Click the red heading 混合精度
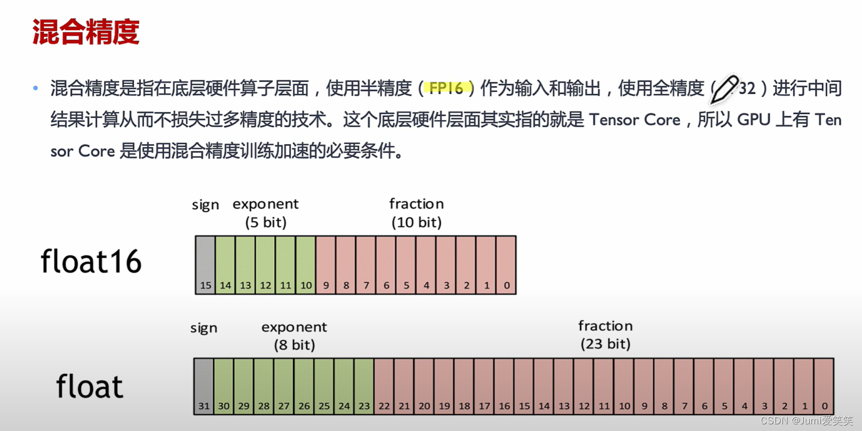(x=86, y=32)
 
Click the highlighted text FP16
(x=446, y=88)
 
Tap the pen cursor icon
(x=723, y=89)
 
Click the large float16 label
(x=91, y=261)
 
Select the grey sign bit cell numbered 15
(x=205, y=265)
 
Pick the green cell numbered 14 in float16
(x=225, y=265)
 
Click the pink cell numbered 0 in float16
(x=506, y=265)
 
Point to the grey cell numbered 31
(x=204, y=386)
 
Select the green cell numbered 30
(x=224, y=386)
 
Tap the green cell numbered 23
(x=364, y=386)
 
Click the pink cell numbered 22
(x=384, y=386)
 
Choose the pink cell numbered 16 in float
(x=504, y=386)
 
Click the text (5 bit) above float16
(x=266, y=223)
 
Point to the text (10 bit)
(x=417, y=223)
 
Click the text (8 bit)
(x=294, y=345)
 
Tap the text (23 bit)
(x=605, y=344)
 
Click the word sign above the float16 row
(x=205, y=204)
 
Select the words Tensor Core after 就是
(x=634, y=120)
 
